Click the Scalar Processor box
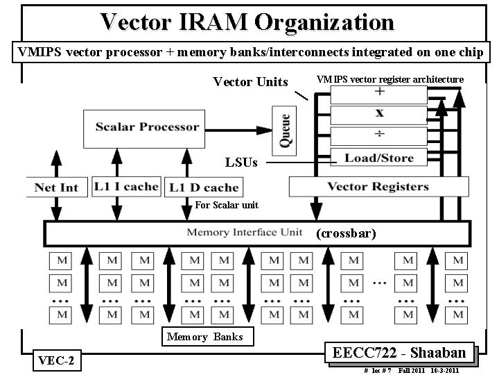click(x=148, y=127)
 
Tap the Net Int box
click(x=57, y=187)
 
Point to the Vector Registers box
click(x=378, y=186)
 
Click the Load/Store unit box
click(x=378, y=158)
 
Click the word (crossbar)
click(x=346, y=234)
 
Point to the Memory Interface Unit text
click(x=244, y=233)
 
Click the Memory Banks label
click(x=204, y=337)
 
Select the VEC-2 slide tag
click(x=57, y=360)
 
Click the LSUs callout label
click(x=241, y=162)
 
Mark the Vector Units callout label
click(x=250, y=82)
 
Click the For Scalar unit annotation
click(x=227, y=205)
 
